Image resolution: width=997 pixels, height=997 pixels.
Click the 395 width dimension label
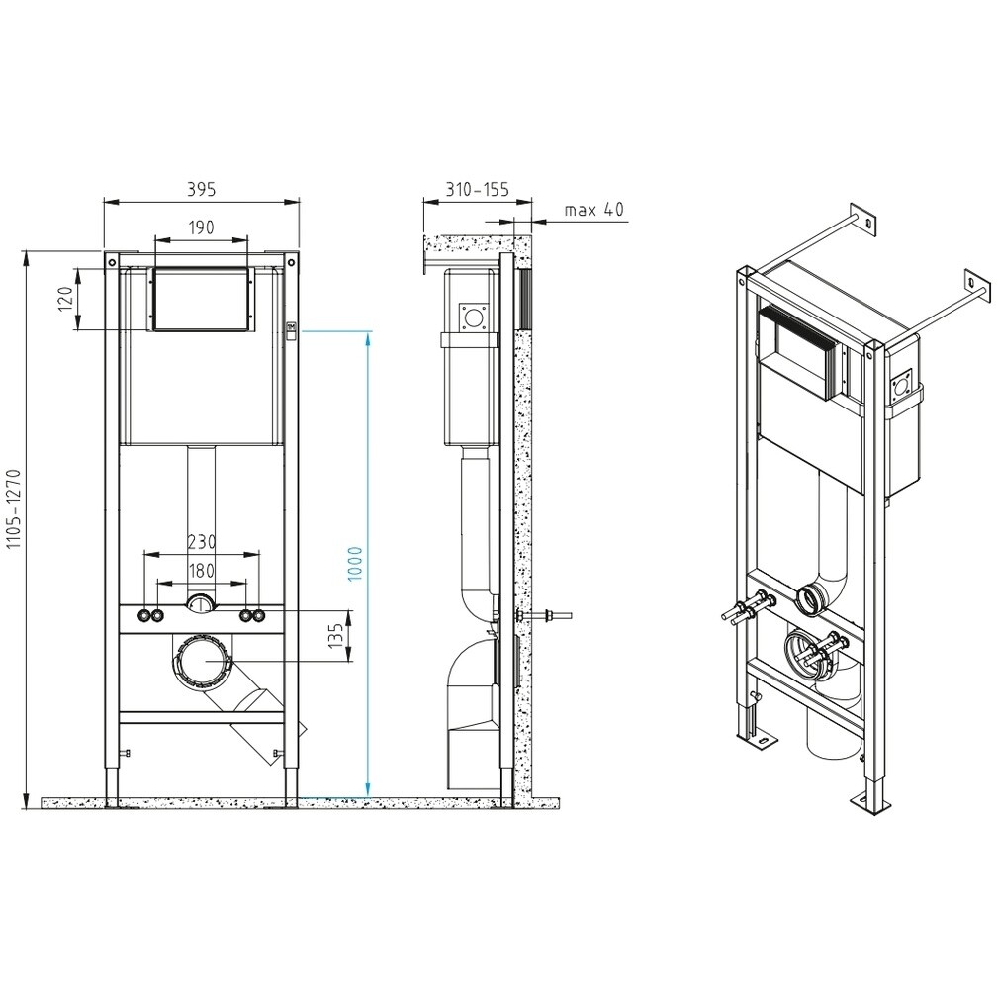(201, 189)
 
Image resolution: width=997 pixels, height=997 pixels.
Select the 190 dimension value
(201, 227)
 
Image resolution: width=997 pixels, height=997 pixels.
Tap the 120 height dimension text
(64, 300)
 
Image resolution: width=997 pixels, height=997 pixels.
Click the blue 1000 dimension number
(355, 563)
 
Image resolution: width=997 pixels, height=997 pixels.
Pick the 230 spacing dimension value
(201, 542)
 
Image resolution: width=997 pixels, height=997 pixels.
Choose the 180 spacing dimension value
(201, 571)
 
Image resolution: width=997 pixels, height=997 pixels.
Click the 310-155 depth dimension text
(477, 189)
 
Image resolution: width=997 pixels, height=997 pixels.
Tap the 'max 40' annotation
(594, 209)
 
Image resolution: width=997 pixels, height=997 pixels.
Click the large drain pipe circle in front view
(202, 662)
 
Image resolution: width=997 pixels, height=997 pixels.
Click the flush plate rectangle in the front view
(201, 300)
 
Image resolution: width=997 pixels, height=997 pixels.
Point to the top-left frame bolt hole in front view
(112, 260)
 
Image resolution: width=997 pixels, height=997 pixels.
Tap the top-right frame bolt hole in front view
(291, 260)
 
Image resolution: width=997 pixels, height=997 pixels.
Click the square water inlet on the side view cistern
(474, 317)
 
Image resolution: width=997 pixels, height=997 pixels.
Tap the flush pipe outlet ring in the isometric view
(811, 598)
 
